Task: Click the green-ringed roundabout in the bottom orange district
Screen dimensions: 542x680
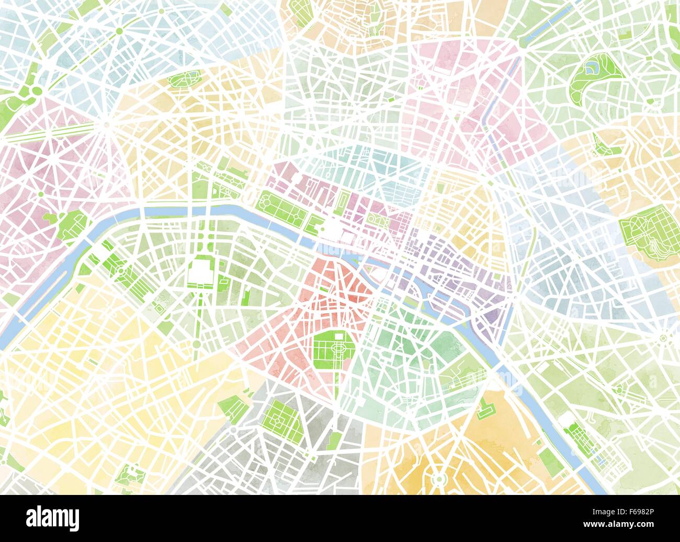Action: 437,478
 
